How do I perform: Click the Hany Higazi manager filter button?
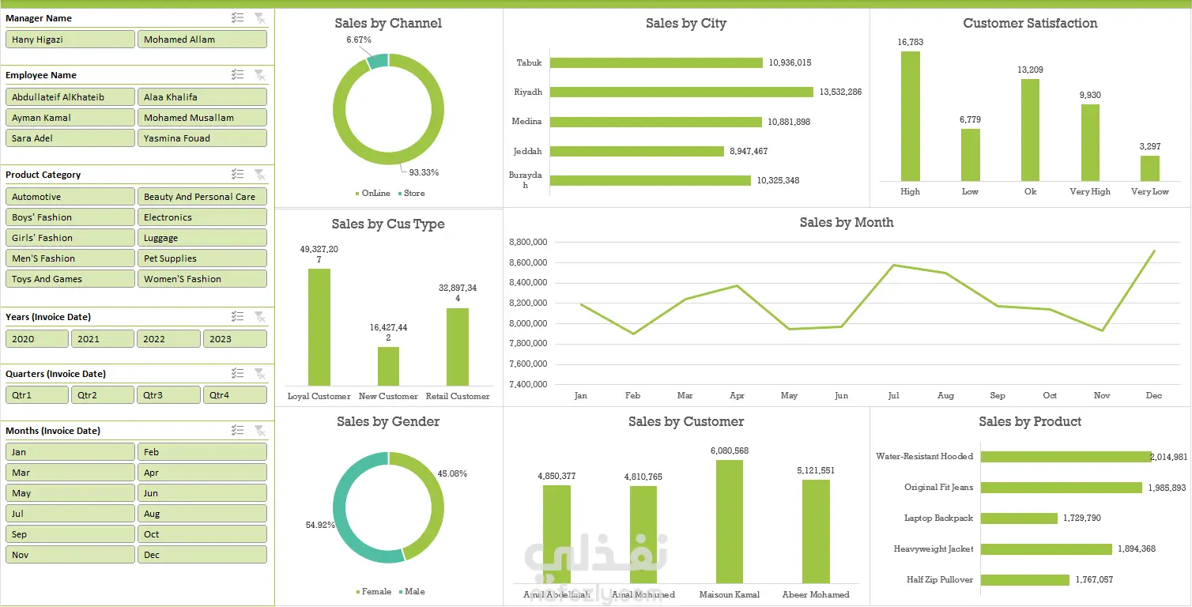pyautogui.click(x=70, y=40)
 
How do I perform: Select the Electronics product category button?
pyautogui.click(x=202, y=217)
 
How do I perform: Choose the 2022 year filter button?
pyautogui.click(x=168, y=339)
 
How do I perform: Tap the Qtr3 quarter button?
pyautogui.click(x=168, y=395)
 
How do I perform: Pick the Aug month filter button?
pyautogui.click(x=202, y=514)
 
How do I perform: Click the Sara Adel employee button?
pyautogui.click(x=70, y=138)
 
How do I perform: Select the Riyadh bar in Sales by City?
pyautogui.click(x=681, y=92)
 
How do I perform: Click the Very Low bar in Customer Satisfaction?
pyautogui.click(x=1149, y=168)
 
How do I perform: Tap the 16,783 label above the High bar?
pyautogui.click(x=911, y=42)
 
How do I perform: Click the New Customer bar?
pyautogui.click(x=388, y=366)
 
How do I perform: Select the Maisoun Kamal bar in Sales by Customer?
pyautogui.click(x=730, y=522)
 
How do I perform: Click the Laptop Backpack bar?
pyautogui.click(x=1019, y=518)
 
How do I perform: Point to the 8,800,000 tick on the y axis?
pyautogui.click(x=529, y=242)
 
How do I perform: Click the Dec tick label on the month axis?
pyautogui.click(x=1154, y=395)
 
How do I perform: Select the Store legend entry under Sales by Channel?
pyautogui.click(x=411, y=194)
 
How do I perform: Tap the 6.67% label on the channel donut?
pyautogui.click(x=359, y=40)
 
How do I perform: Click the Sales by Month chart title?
pyautogui.click(x=847, y=223)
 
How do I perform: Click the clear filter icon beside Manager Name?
pyautogui.click(x=259, y=18)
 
